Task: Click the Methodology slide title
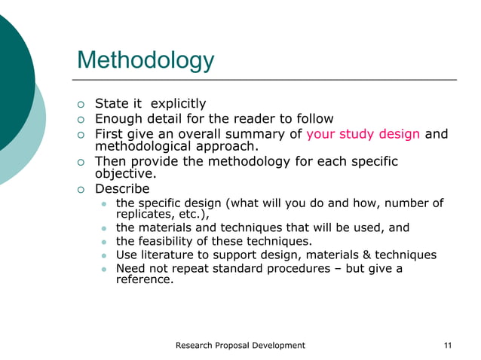pos(146,59)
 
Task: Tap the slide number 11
pos(449,345)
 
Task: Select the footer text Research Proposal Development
pos(240,345)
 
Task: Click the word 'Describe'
pos(122,188)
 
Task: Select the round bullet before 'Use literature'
pos(104,255)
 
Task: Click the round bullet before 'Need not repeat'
pos(104,269)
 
